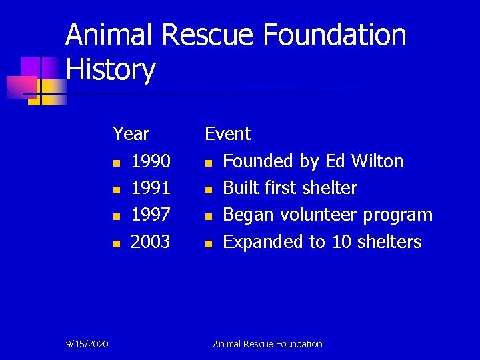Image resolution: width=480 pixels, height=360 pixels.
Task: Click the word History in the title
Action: click(x=111, y=70)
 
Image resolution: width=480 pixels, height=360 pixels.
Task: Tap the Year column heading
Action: click(x=131, y=134)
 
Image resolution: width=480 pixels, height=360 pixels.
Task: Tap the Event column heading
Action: click(x=227, y=134)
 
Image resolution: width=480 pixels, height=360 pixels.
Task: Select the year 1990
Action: click(x=151, y=161)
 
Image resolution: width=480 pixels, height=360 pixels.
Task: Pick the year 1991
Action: click(x=151, y=188)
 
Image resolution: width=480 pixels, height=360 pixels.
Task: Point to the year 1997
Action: click(x=151, y=215)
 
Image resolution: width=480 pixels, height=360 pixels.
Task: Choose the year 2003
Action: click(x=151, y=241)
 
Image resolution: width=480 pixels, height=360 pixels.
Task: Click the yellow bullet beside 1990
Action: click(x=117, y=163)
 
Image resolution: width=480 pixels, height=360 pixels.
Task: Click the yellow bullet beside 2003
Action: click(x=117, y=243)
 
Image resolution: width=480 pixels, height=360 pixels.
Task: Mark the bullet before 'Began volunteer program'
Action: click(x=209, y=217)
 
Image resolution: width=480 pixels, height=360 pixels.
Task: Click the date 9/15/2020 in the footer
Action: click(x=88, y=344)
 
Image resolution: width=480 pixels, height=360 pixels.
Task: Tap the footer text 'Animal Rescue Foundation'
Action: click(x=267, y=344)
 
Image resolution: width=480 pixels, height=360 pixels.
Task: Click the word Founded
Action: click(x=261, y=161)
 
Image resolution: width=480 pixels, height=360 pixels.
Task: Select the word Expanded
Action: click(x=263, y=241)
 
